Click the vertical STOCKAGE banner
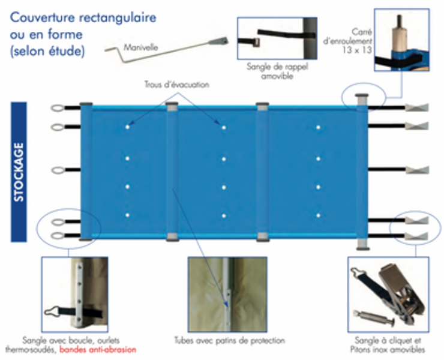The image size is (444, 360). click(x=19, y=171)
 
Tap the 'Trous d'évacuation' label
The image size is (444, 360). click(x=176, y=85)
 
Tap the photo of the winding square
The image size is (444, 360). click(x=401, y=40)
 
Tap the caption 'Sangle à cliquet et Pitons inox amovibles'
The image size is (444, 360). click(x=388, y=345)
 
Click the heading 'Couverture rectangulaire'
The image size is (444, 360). click(x=83, y=17)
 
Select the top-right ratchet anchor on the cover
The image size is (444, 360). click(x=418, y=108)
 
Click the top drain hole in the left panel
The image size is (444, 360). click(x=128, y=127)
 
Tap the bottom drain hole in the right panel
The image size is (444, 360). click(x=318, y=215)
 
